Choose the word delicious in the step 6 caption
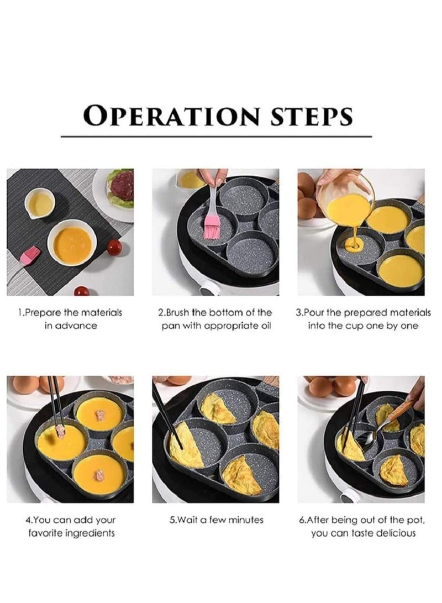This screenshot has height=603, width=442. coord(396,533)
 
